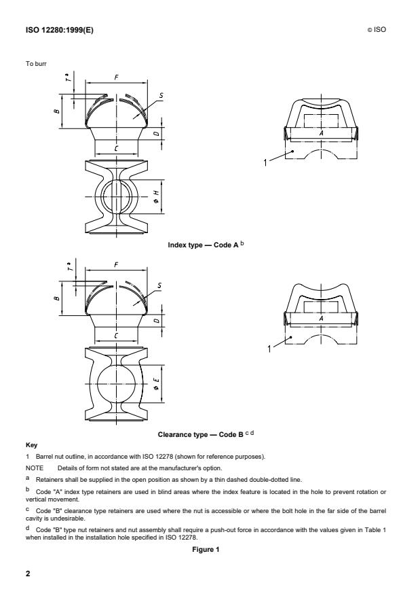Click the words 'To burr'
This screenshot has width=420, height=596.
coord(34,65)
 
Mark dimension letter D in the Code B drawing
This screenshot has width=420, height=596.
coord(155,319)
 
